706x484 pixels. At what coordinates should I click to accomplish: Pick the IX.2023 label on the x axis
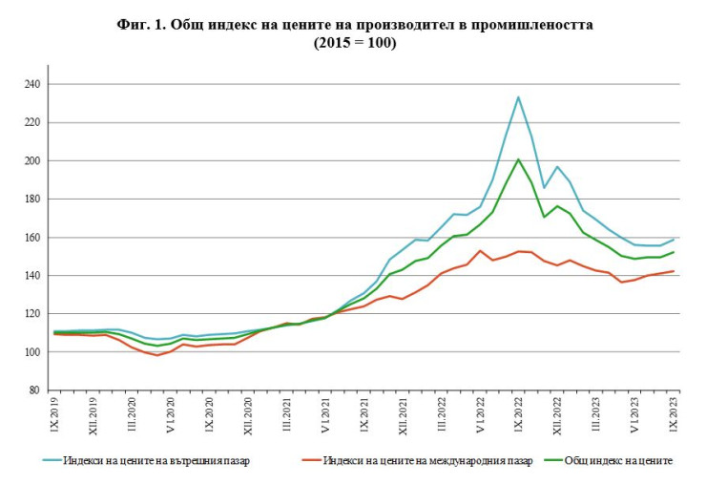(676, 412)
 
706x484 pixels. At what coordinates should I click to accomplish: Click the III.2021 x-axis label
(287, 412)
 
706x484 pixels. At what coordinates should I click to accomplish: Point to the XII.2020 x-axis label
(248, 414)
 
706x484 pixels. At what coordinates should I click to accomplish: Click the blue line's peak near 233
(518, 96)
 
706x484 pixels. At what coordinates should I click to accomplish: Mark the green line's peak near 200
(518, 159)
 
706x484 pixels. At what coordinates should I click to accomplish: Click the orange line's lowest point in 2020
(158, 355)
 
